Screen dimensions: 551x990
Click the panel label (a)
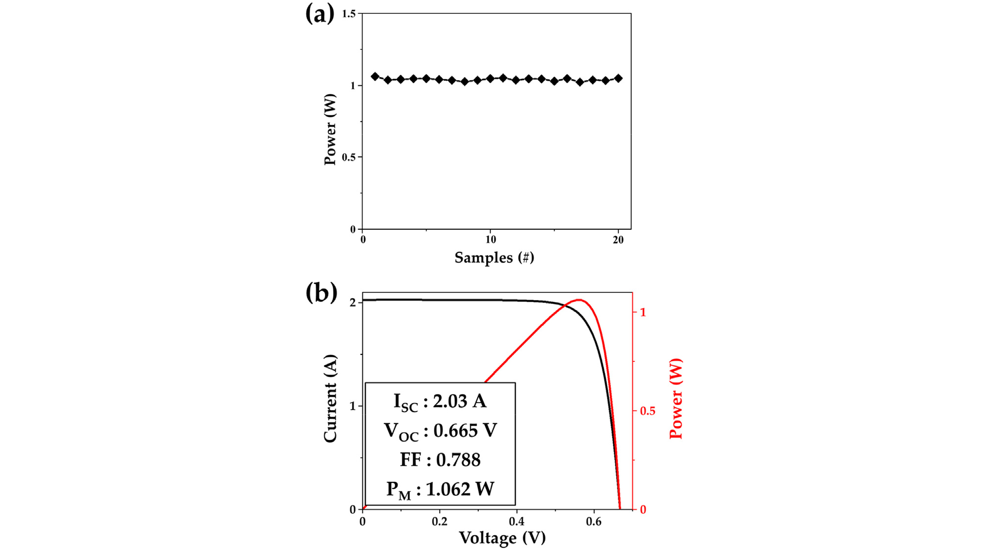tap(319, 14)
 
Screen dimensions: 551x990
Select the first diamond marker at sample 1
tap(375, 76)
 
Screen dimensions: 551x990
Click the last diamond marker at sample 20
tap(618, 78)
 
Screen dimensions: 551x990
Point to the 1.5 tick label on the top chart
tap(349, 14)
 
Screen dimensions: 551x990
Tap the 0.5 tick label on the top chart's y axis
tap(349, 157)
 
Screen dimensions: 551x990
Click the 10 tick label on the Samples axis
tap(491, 240)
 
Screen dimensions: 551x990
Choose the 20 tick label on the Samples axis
tap(618, 240)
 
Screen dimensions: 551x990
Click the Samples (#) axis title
tap(494, 258)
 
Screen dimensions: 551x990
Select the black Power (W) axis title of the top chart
tap(330, 129)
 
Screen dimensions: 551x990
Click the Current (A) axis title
tap(330, 398)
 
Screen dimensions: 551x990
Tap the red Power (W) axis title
tap(676, 398)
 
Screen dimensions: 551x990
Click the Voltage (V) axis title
tap(502, 538)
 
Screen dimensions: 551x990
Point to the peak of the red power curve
tap(578, 300)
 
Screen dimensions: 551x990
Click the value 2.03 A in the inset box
tap(460, 401)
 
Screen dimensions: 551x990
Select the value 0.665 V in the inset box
tap(465, 431)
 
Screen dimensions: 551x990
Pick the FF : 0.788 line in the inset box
tap(440, 460)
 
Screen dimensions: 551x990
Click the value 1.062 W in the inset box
tap(460, 489)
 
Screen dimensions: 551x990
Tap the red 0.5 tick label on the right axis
tap(647, 411)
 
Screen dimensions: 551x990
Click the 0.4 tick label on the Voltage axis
tap(517, 521)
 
